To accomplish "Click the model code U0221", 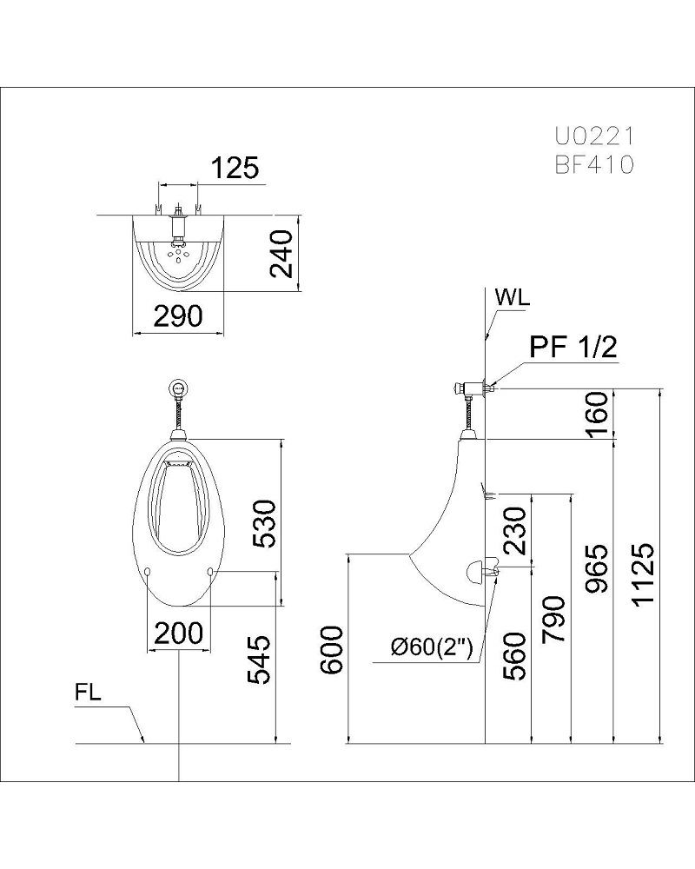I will pos(594,136).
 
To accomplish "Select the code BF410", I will pos(594,164).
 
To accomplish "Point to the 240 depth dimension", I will pos(280,252).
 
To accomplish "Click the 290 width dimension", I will pos(178,315).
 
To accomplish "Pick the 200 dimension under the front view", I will pos(178,634).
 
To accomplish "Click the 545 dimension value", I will pos(263,660).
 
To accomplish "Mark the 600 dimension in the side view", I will pos(333,648).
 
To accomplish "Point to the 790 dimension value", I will pos(556,618).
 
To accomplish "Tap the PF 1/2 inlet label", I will pos(573,348).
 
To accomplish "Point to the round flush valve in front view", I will pos(179,388).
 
